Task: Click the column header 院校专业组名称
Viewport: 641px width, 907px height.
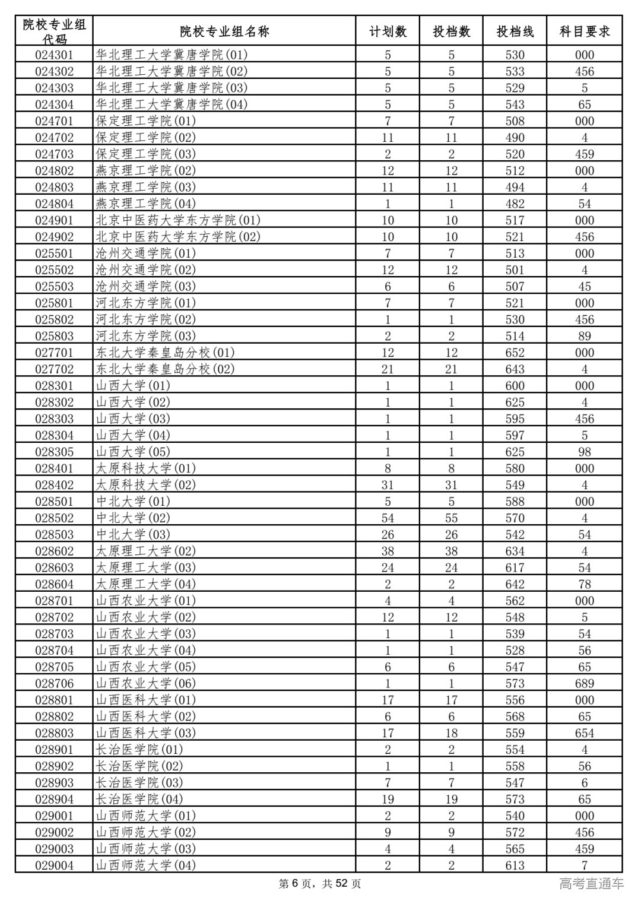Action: [224, 31]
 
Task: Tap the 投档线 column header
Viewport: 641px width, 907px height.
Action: [515, 31]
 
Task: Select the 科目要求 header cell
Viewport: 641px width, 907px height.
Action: [585, 31]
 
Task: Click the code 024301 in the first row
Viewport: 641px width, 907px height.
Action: [54, 55]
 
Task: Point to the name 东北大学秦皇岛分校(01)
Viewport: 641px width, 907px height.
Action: [166, 353]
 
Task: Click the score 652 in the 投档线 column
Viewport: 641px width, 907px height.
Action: [515, 353]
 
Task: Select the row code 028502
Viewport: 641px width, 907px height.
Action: [54, 518]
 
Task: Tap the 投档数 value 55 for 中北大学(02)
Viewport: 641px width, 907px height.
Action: [451, 518]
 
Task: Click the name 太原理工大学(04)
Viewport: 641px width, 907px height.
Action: [146, 584]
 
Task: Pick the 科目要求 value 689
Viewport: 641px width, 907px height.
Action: [585, 684]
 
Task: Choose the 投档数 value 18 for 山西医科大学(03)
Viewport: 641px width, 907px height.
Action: [451, 733]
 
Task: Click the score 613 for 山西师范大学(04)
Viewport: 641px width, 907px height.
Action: [515, 865]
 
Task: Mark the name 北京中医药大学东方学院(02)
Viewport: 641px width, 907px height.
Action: [178, 237]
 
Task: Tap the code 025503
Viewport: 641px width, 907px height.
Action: [54, 286]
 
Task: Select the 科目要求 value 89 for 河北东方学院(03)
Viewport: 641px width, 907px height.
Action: [585, 336]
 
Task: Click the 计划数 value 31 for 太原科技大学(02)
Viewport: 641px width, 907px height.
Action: [388, 485]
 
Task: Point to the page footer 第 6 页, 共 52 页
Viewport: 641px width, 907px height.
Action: [320, 884]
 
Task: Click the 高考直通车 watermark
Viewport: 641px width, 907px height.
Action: [591, 884]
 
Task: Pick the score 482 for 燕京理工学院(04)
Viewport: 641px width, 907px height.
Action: [515, 204]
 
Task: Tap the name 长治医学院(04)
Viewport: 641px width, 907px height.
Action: [139, 799]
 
